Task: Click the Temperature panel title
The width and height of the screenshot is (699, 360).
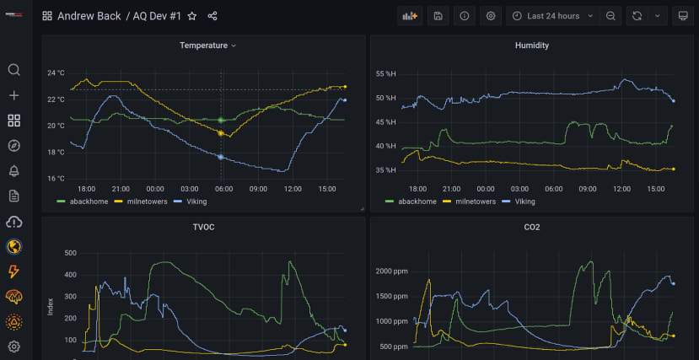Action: coord(203,46)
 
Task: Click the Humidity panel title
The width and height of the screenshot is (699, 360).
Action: coord(532,46)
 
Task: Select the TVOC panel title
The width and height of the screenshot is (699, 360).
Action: coord(203,227)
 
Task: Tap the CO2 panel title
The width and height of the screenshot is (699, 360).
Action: coord(532,227)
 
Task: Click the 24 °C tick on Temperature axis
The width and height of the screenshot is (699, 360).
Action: coord(56,73)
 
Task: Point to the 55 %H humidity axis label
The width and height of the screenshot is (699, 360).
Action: coord(385,74)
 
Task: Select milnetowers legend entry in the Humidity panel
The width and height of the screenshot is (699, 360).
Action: coord(474,201)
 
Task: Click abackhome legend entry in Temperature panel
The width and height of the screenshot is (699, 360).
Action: coord(81,201)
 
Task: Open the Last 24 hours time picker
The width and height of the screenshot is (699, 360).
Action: coord(553,16)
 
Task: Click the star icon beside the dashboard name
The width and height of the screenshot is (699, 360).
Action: coord(192,16)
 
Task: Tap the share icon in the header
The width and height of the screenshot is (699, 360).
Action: coord(212,16)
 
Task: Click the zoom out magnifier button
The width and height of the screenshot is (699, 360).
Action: coord(610,16)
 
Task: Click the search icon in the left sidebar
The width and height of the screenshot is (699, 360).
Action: coord(13,70)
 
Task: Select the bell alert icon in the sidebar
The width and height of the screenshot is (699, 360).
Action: coord(13,171)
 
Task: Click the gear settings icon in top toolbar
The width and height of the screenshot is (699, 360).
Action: coord(491,16)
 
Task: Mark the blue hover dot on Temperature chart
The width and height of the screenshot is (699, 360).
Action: coord(221,157)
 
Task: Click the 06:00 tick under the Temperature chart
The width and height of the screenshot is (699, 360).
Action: coord(223,188)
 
